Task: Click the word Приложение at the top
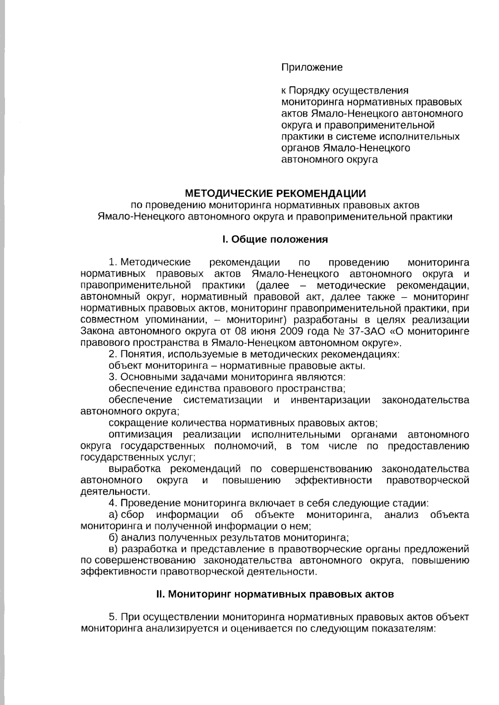coord(312,67)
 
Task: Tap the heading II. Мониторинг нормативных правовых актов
coord(275,594)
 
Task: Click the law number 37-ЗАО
coord(368,332)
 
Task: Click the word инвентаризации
coord(330,400)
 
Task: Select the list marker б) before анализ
coord(113,538)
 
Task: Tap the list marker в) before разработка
coord(113,549)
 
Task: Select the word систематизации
coord(222,400)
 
